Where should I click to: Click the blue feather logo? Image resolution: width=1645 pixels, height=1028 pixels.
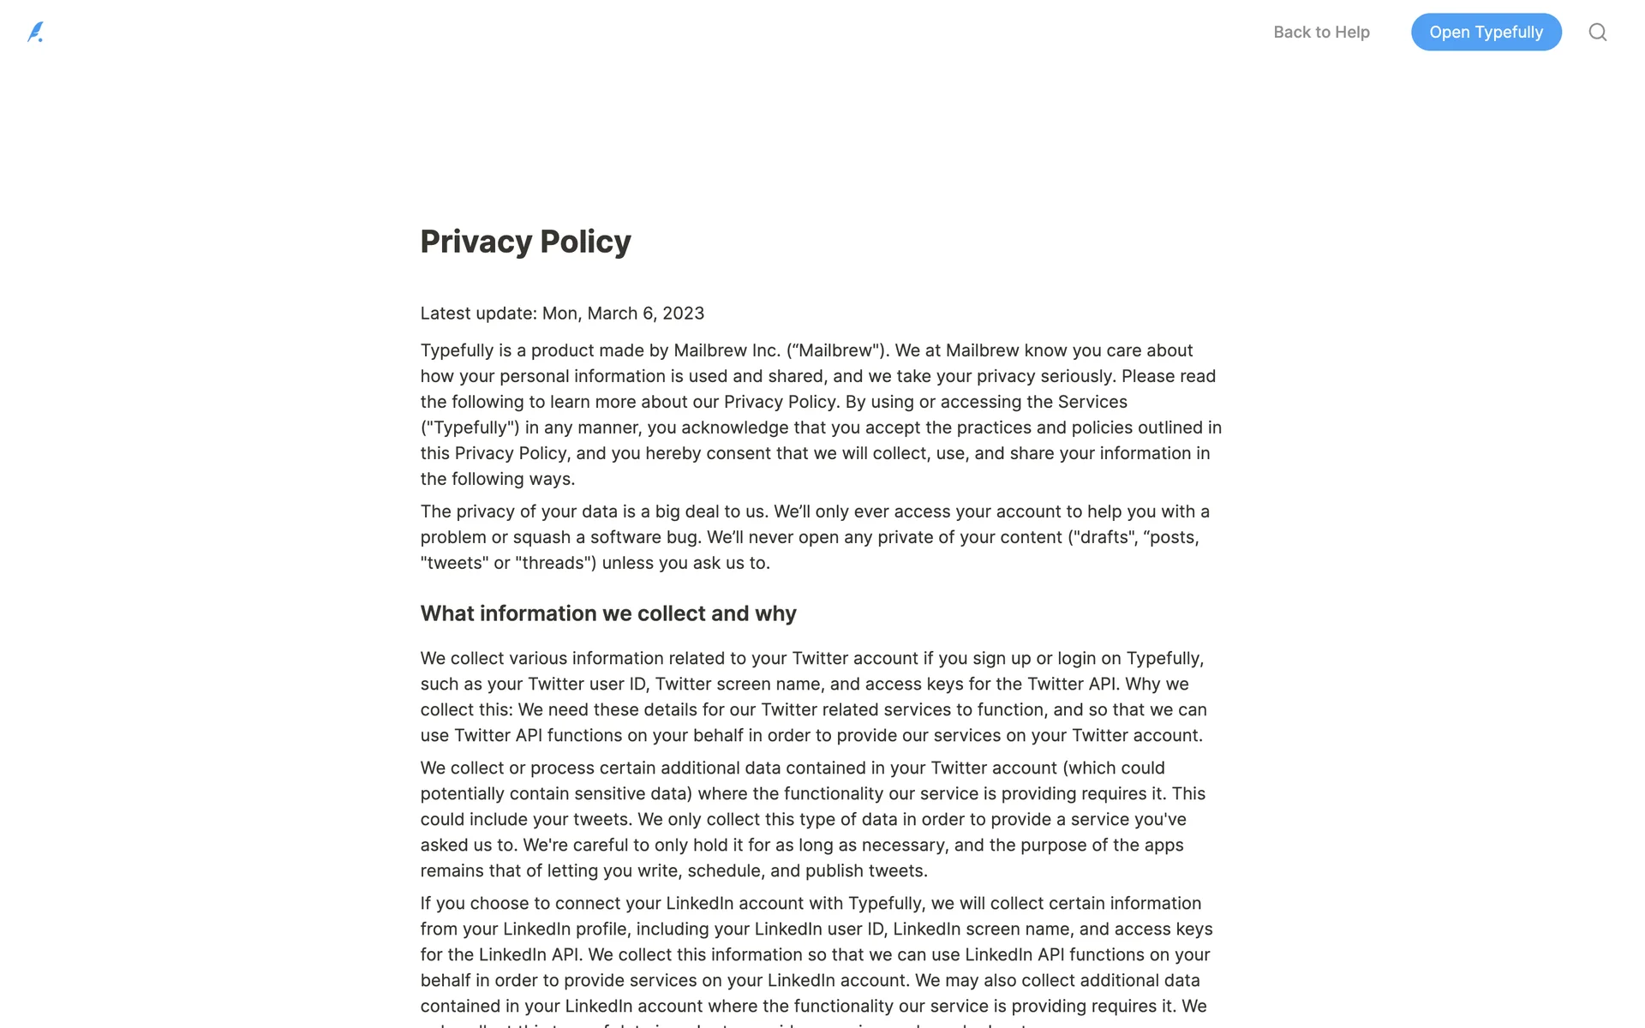point(35,33)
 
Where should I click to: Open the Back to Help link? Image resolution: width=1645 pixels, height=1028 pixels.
point(1321,33)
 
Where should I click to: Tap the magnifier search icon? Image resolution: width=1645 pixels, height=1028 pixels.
point(1597,33)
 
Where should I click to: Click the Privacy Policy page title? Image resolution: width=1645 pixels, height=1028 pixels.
point(525,242)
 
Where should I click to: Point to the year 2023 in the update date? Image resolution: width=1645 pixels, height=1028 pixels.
point(683,314)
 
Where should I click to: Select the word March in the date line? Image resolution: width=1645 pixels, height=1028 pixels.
point(612,314)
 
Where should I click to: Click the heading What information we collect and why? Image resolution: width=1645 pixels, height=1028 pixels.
point(607,613)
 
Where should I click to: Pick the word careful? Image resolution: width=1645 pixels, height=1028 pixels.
point(599,845)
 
